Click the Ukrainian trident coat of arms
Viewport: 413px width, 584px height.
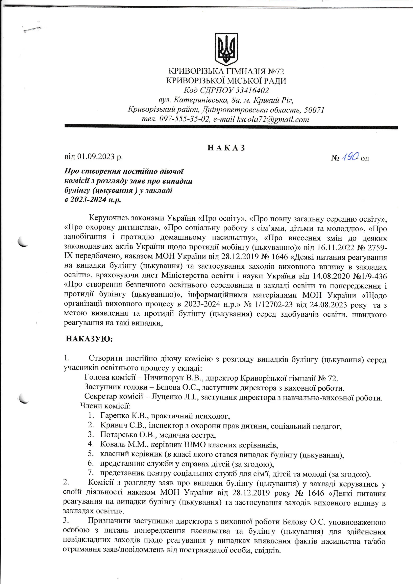point(226,49)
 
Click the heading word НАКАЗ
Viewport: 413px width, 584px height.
point(226,148)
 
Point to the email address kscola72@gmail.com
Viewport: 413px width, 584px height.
point(273,119)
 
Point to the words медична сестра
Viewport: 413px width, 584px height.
point(187,435)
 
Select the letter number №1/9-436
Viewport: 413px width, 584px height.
point(370,276)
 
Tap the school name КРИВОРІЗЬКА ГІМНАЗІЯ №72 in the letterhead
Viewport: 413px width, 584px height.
point(226,71)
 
